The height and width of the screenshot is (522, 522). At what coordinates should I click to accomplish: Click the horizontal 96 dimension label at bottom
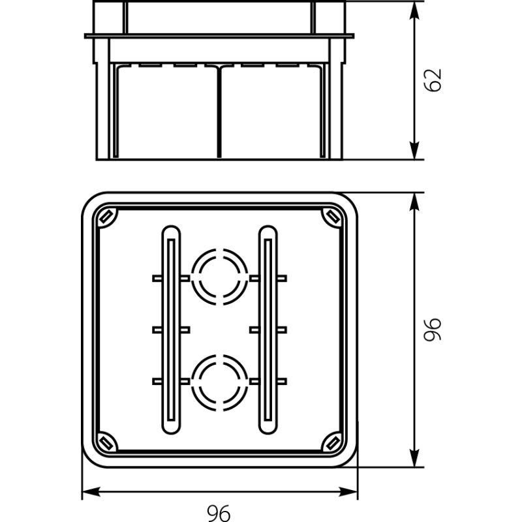coord(220,513)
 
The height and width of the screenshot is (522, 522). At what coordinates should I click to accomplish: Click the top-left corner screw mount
coord(106,216)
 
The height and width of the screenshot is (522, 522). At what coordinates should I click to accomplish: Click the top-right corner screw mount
coord(333,216)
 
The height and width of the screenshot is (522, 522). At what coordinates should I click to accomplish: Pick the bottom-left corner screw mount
coord(106,443)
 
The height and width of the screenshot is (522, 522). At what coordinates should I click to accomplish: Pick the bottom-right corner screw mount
coord(333,443)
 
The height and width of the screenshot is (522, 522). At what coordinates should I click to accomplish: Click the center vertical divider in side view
coord(219,111)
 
